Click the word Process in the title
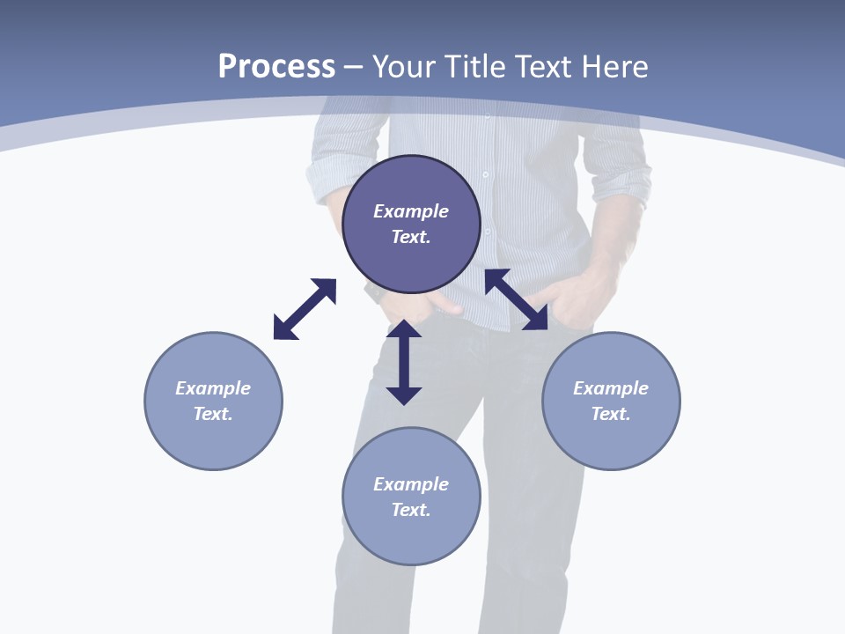coord(276,67)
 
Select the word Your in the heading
coord(405,67)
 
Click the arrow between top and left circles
coord(305,309)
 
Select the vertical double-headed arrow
coord(404,362)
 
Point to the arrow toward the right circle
coord(516,299)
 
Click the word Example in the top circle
coord(411,211)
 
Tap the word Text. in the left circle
coord(213,414)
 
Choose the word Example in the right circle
coord(611,388)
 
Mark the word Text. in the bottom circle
coord(411,510)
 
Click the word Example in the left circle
coord(213,388)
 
